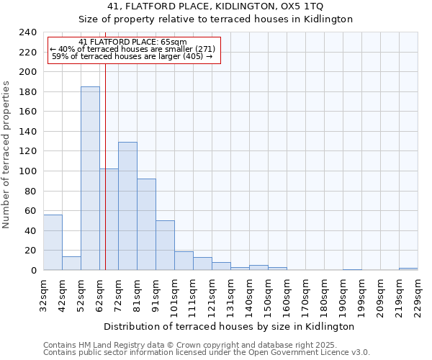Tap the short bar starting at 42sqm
point(71,264)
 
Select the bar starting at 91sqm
point(165,246)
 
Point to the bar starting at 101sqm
point(184,261)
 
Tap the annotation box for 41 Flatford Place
point(133,49)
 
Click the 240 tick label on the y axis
point(28,32)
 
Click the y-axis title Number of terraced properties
point(6,154)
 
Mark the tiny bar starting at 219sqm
point(408,269)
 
